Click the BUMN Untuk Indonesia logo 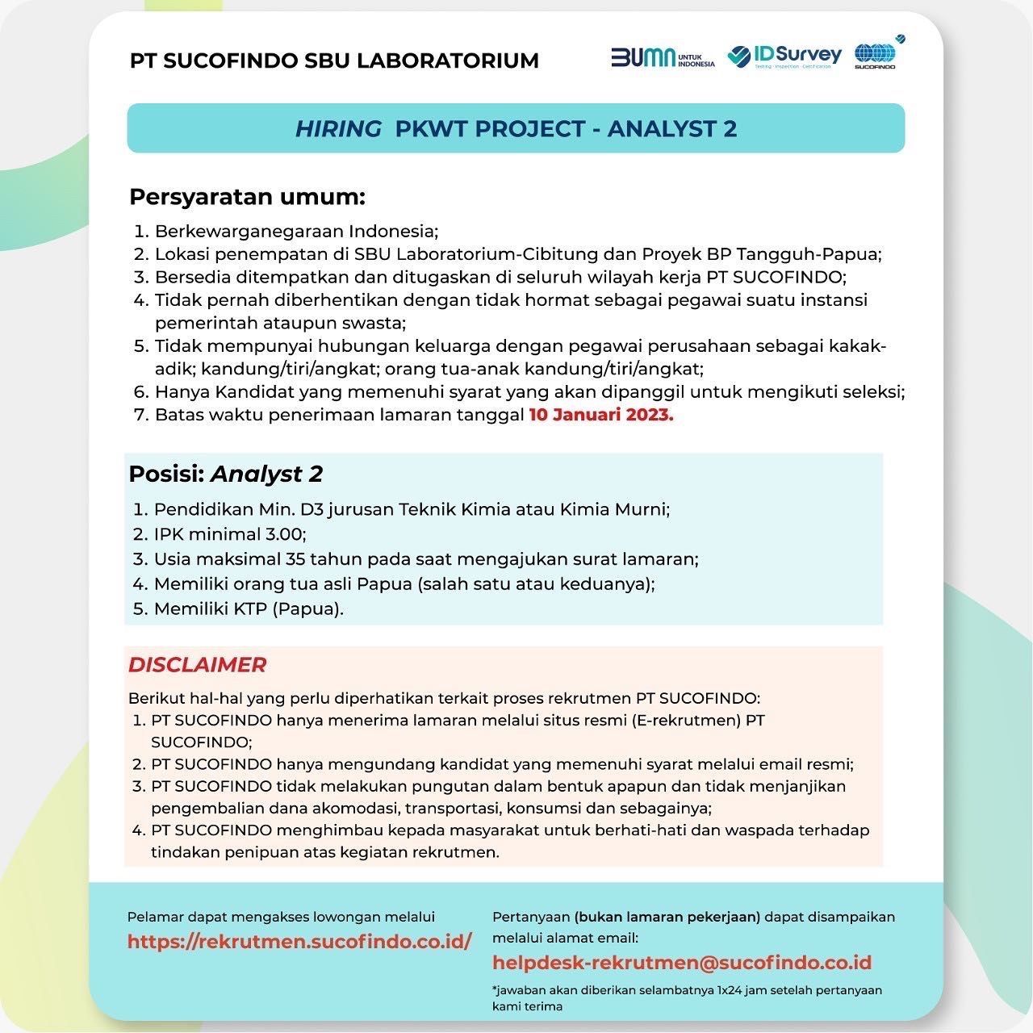(663, 57)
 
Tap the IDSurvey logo (784, 56)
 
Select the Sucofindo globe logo (876, 55)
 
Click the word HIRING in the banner (338, 129)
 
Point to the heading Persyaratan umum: (248, 197)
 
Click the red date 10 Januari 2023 (601, 416)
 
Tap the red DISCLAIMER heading (197, 665)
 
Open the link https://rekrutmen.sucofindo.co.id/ (299, 941)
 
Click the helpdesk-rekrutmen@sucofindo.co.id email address (682, 962)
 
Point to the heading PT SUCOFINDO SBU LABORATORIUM (334, 61)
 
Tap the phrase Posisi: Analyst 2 (226, 474)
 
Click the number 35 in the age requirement (295, 559)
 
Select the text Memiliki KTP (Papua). (249, 609)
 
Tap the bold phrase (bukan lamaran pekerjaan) (667, 917)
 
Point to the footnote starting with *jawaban (687, 998)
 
